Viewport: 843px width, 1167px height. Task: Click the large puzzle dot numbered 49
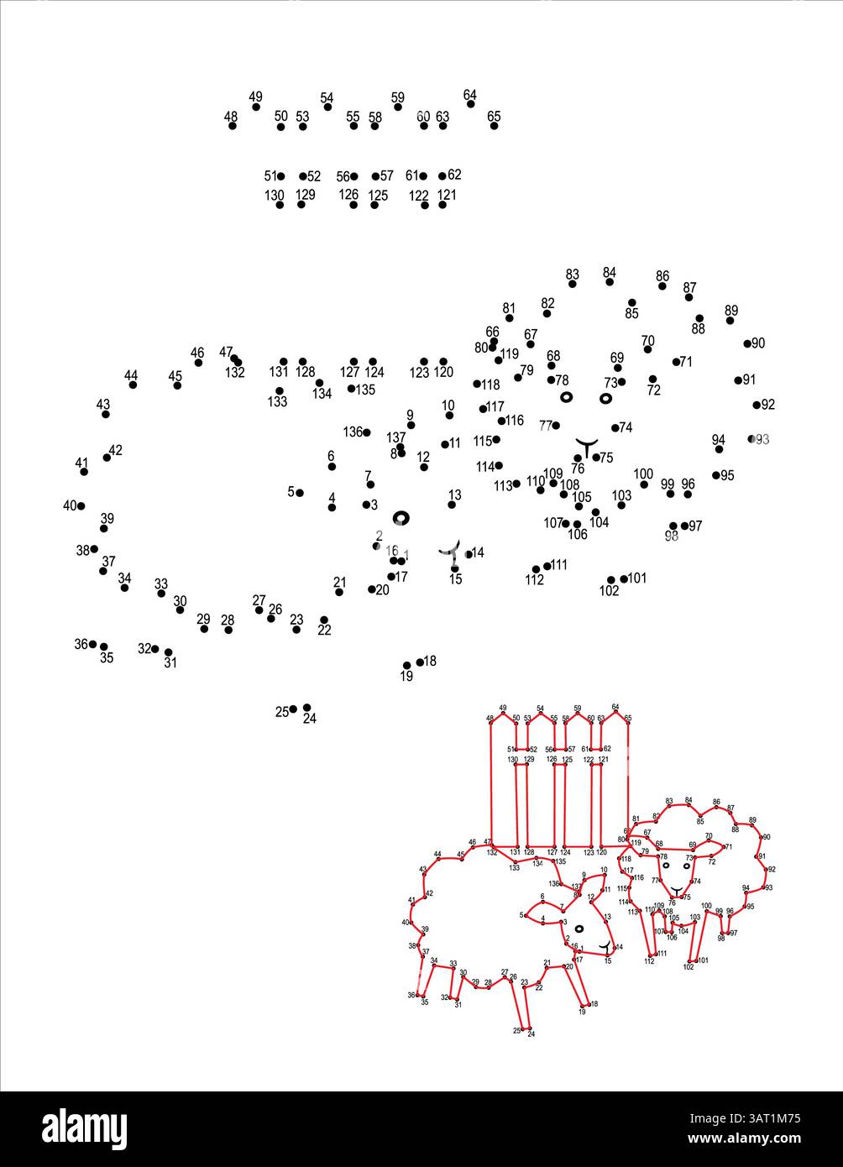(x=256, y=107)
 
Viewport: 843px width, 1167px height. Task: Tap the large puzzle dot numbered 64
(x=471, y=104)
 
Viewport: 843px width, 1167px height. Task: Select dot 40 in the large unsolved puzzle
(x=81, y=506)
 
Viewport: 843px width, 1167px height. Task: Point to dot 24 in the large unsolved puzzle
(x=307, y=708)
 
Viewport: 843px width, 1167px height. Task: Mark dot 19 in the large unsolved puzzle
(x=407, y=666)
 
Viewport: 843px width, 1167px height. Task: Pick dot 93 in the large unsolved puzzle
(x=752, y=439)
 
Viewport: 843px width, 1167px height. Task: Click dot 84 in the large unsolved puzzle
(x=610, y=282)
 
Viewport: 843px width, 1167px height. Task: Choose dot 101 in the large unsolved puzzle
(x=624, y=578)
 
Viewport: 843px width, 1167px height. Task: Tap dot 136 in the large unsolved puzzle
(x=367, y=432)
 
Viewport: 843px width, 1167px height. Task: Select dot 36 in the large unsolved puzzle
(x=93, y=644)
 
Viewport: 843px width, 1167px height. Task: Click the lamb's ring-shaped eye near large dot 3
(x=401, y=518)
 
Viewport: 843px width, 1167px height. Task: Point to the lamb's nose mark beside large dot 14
(x=451, y=552)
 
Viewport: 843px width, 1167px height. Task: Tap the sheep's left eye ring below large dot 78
(x=566, y=396)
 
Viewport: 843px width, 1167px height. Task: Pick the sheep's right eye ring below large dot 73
(x=605, y=398)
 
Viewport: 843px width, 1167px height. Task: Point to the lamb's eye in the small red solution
(x=579, y=928)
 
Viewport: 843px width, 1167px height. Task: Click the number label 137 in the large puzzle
(x=396, y=437)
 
